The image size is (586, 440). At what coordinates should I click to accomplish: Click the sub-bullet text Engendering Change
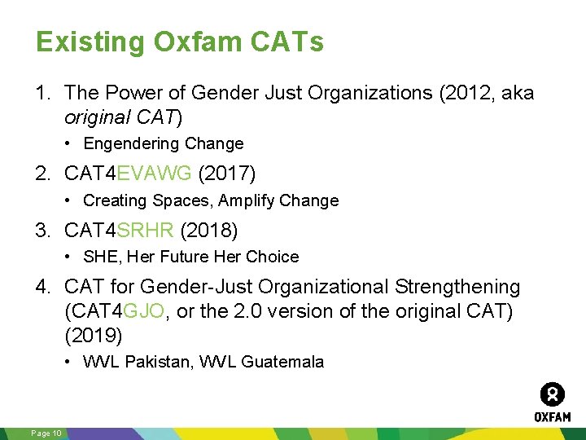point(164,144)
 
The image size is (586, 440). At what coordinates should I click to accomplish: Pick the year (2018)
point(209,231)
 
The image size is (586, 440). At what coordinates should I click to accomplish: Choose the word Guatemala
point(286,362)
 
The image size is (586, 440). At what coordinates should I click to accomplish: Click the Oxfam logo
point(552,402)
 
